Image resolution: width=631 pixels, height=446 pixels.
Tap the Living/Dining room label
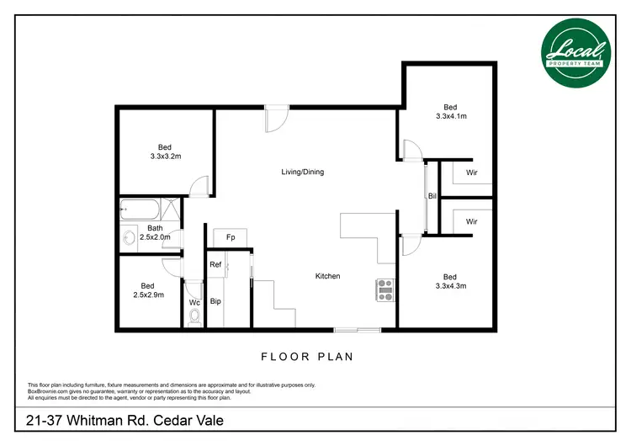(x=302, y=173)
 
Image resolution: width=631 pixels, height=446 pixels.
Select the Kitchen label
(x=327, y=276)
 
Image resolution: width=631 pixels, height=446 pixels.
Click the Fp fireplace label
(x=230, y=238)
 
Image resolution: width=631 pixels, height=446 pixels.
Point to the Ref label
(x=215, y=265)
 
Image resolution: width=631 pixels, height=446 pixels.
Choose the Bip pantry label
(x=215, y=300)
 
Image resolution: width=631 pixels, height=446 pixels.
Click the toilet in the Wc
(x=195, y=317)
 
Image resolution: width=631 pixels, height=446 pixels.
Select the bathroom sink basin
(x=129, y=237)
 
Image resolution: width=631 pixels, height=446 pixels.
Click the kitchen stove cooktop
(x=385, y=289)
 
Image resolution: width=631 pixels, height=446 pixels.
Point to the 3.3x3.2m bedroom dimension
(x=166, y=157)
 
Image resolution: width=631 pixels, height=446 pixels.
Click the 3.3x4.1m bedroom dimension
(x=451, y=116)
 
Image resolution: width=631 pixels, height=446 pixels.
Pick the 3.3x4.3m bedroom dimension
(x=450, y=286)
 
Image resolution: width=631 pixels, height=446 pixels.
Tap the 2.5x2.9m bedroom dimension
(x=148, y=295)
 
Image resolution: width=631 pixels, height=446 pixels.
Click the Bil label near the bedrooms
(x=432, y=196)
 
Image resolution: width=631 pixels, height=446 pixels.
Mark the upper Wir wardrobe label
(x=472, y=173)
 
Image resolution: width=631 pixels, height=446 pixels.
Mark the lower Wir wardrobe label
(x=472, y=221)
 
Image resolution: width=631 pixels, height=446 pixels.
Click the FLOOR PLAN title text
(x=307, y=357)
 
